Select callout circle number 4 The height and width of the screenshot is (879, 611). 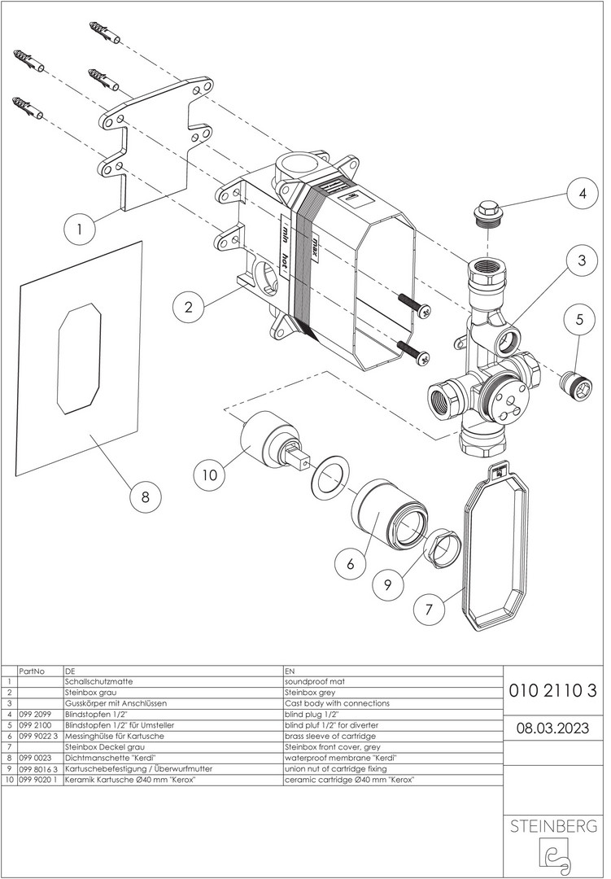click(x=583, y=194)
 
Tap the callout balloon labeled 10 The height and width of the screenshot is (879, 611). click(x=210, y=474)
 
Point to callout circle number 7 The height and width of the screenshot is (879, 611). click(x=430, y=609)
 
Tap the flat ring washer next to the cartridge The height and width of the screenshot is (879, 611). click(x=329, y=476)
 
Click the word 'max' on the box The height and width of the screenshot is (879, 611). click(x=316, y=245)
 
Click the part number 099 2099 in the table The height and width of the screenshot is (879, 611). click(x=35, y=715)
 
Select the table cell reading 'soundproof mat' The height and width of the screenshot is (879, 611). click(x=315, y=682)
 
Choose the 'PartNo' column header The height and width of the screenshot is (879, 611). click(x=32, y=671)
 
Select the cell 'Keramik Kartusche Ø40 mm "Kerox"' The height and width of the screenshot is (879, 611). click(x=130, y=780)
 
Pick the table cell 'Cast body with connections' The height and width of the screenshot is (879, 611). click(x=337, y=703)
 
